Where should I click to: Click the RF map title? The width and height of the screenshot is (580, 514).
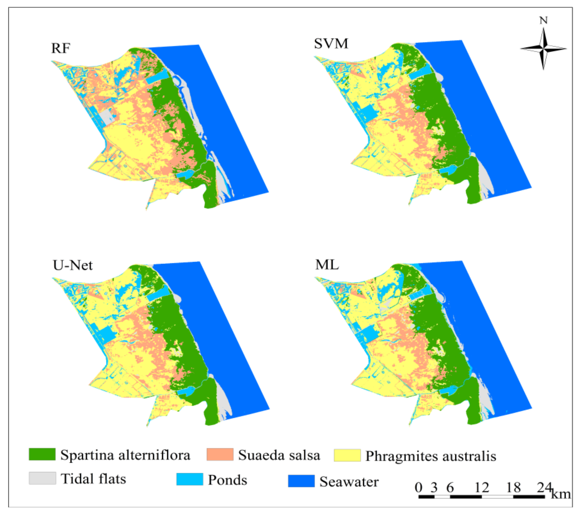pyautogui.click(x=60, y=48)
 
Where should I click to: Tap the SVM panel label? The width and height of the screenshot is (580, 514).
pyautogui.click(x=331, y=44)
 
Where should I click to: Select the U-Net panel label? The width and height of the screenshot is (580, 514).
pyautogui.click(x=73, y=265)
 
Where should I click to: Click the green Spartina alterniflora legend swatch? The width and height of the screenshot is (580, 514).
pyautogui.click(x=42, y=454)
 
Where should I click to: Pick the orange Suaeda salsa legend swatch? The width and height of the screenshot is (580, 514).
pyautogui.click(x=220, y=454)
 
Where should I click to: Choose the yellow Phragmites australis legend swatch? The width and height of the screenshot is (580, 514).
pyautogui.click(x=347, y=455)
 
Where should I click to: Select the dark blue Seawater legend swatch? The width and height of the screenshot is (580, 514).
pyautogui.click(x=301, y=481)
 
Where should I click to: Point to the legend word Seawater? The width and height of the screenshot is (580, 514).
pyautogui.click(x=349, y=482)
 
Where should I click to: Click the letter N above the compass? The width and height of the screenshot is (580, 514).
pyautogui.click(x=543, y=20)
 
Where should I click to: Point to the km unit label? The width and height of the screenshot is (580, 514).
pyautogui.click(x=560, y=494)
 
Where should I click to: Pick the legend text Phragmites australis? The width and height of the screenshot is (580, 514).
pyautogui.click(x=430, y=456)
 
